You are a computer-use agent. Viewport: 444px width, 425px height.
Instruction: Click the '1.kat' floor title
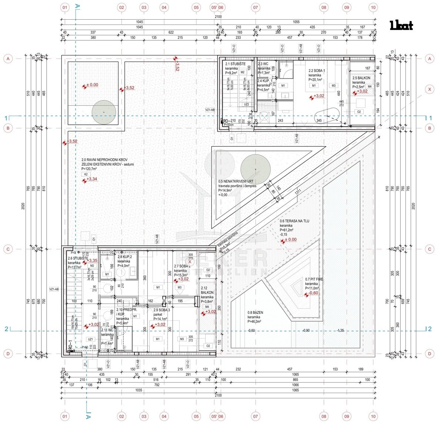(x=401, y=26)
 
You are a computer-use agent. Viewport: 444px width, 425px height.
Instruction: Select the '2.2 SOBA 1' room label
(x=317, y=70)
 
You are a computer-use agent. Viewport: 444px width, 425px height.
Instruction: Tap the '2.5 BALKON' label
(x=360, y=78)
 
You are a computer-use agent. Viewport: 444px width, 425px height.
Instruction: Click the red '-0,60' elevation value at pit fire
(x=313, y=293)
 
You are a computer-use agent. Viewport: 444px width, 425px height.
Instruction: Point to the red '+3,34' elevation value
(x=92, y=179)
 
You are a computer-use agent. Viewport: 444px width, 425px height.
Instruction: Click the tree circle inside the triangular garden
(x=256, y=169)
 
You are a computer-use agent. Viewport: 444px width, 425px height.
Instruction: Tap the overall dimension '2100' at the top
(x=218, y=17)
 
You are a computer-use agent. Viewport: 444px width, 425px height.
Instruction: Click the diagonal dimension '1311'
(x=298, y=192)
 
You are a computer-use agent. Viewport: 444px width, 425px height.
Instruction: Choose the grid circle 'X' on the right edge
(x=430, y=89)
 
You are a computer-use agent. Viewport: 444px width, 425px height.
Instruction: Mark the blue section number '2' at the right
(x=430, y=329)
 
